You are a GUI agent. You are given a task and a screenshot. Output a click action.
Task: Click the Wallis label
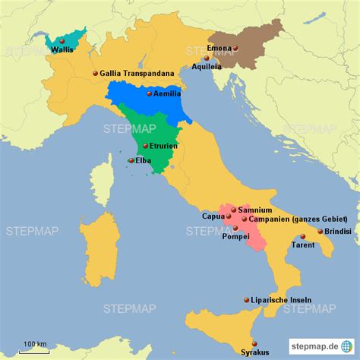(63, 50)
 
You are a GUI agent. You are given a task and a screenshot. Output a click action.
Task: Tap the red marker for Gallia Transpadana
(95, 73)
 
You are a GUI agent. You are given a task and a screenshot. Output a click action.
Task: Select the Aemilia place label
(167, 94)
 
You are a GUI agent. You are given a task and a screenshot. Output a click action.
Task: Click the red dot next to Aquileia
(218, 58)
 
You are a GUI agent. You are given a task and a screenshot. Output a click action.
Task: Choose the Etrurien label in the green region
(165, 144)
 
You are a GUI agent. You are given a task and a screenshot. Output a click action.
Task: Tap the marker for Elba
(131, 160)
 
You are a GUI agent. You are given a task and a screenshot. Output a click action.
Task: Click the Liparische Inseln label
(281, 300)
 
